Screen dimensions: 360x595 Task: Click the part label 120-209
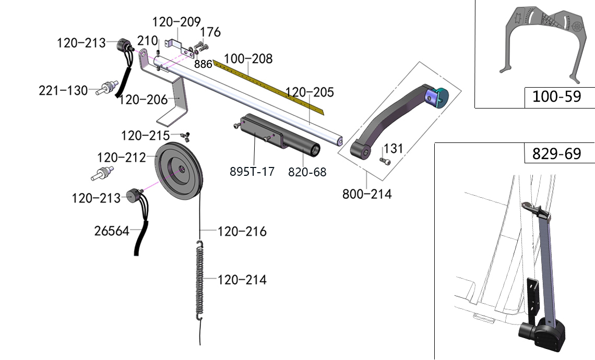[x=176, y=22]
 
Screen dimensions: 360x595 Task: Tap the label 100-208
[x=248, y=58]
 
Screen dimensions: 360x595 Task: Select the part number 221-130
[x=63, y=91]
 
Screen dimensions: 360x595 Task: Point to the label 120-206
[x=142, y=99]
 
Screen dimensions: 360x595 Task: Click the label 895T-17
[x=252, y=172]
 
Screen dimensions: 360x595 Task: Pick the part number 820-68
[x=307, y=172]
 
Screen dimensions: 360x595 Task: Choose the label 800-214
[x=366, y=194]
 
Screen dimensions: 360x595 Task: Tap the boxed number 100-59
[x=556, y=97]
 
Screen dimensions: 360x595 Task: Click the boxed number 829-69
[x=556, y=154]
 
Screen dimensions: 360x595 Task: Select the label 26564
[x=112, y=231]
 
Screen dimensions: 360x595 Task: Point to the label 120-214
[x=242, y=280]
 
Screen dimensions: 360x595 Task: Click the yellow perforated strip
[x=271, y=86]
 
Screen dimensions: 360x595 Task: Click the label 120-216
[x=242, y=231]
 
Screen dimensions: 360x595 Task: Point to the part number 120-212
[x=121, y=157]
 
